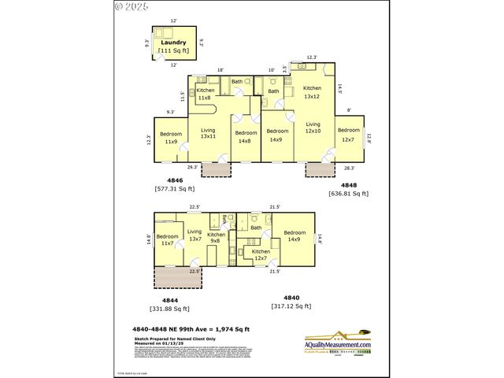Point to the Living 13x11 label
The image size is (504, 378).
tap(208, 133)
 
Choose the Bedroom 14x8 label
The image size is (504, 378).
tap(245, 137)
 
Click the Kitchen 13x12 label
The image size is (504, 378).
tap(313, 92)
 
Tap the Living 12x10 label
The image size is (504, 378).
tap(313, 128)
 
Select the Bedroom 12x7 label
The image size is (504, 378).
tap(348, 135)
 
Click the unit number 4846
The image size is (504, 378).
tap(174, 180)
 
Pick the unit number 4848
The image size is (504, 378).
tap(348, 184)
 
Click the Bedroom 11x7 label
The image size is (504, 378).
tap(167, 240)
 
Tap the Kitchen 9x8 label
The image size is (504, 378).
tap(217, 238)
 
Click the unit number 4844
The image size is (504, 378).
tap(169, 299)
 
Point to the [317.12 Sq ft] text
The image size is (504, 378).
tap(291, 306)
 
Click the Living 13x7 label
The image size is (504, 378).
tap(195, 235)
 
